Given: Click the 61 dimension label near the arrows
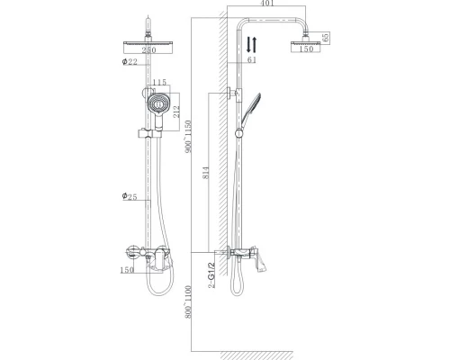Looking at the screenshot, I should pyautogui.click(x=251, y=60).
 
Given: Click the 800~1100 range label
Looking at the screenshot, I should pyautogui.click(x=187, y=304).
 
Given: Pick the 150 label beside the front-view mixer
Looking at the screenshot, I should pyautogui.click(x=127, y=269).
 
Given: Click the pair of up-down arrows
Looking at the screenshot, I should pyautogui.click(x=252, y=42).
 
